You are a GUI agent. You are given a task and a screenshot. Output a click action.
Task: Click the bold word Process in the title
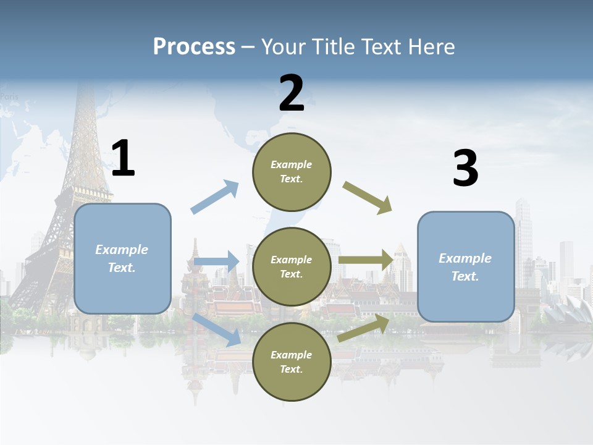click(194, 46)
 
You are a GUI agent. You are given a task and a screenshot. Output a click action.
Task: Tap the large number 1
click(123, 159)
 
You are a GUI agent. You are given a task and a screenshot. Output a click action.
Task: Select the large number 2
click(292, 93)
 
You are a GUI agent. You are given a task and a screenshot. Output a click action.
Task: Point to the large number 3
click(465, 169)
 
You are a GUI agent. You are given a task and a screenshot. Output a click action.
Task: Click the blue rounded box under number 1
click(122, 258)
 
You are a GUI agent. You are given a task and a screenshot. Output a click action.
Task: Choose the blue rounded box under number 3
click(466, 266)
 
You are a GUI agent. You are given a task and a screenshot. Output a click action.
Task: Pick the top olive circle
click(292, 171)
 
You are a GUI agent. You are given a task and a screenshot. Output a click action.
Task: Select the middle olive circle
click(292, 266)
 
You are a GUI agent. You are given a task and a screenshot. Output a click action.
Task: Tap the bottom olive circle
click(292, 362)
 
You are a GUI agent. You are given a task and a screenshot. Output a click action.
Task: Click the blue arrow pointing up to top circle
click(215, 197)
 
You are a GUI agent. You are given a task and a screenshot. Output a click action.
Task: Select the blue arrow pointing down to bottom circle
click(217, 329)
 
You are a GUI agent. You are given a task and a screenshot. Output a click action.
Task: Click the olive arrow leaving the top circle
click(368, 198)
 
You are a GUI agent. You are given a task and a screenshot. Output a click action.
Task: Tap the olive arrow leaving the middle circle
click(366, 260)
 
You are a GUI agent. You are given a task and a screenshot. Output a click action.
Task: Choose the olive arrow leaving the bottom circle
click(364, 328)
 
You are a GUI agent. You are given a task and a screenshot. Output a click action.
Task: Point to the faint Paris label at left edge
click(9, 96)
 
